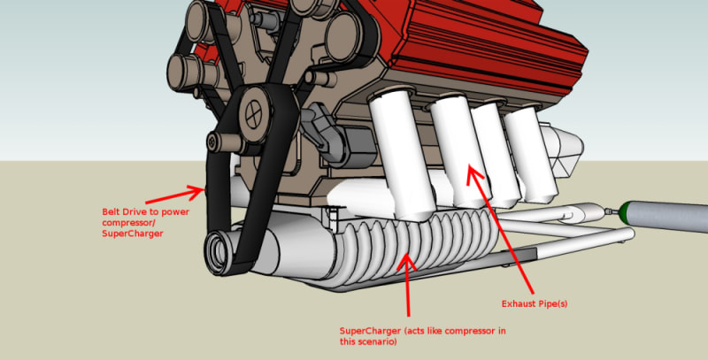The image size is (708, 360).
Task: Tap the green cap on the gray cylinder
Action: point(626,212)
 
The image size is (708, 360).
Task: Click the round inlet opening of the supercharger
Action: point(217,251)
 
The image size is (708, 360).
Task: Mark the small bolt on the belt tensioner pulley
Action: point(212,142)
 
